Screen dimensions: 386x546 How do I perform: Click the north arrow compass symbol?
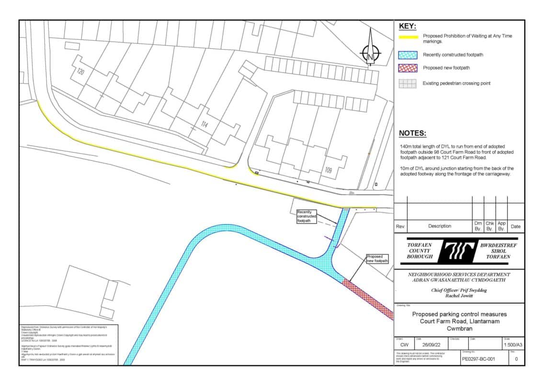click(370, 52)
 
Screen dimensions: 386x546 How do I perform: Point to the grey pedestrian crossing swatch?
click(408, 83)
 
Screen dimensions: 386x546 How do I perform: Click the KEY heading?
click(408, 26)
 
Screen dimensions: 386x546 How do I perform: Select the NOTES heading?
click(412, 134)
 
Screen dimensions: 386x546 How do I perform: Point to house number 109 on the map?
click(328, 169)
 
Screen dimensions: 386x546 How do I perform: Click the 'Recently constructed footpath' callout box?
click(307, 216)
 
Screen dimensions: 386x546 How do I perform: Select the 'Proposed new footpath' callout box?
click(376, 259)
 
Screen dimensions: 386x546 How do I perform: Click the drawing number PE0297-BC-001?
click(478, 359)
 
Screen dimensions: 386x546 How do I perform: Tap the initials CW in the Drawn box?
click(404, 345)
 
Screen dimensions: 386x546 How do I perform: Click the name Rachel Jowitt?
click(459, 295)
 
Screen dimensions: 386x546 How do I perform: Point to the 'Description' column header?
click(439, 226)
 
